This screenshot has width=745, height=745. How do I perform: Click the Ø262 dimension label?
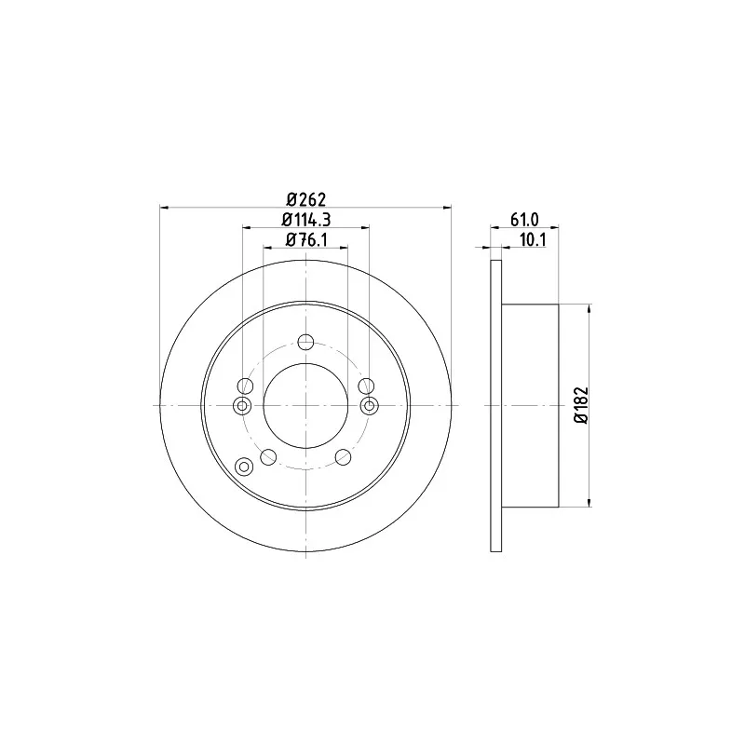[307, 200]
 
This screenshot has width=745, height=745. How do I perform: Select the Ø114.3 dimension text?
[306, 220]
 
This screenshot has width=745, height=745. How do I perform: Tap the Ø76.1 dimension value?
[306, 240]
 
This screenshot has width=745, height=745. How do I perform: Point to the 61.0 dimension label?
[524, 220]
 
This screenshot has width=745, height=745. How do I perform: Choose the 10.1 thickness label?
[532, 240]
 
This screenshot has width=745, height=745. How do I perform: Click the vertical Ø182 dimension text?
[581, 405]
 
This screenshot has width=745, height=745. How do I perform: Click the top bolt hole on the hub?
[305, 342]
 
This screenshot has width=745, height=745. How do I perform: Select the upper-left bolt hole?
[245, 386]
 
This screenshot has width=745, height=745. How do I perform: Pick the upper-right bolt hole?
[366, 386]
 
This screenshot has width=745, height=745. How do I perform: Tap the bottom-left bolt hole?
[268, 457]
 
